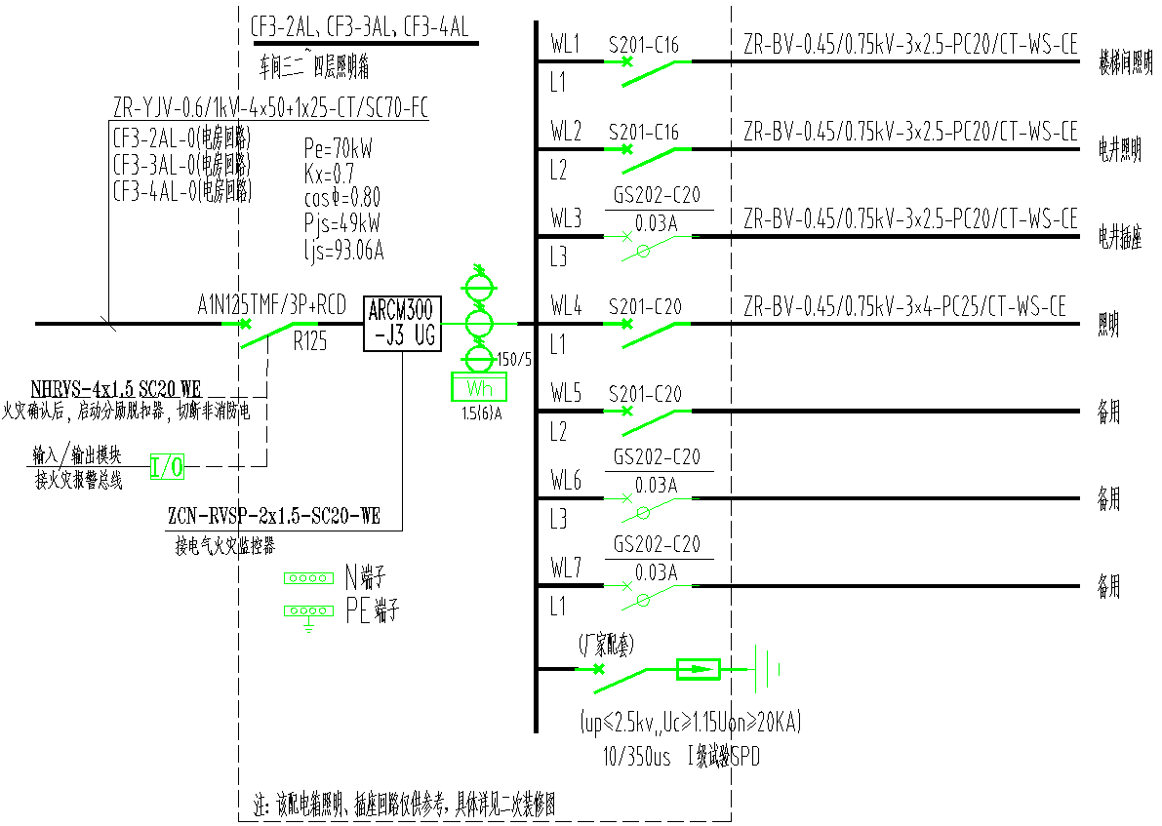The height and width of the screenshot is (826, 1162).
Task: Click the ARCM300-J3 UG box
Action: [402, 324]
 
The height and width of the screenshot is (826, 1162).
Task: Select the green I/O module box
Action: [167, 468]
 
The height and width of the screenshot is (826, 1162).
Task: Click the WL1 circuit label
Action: [565, 45]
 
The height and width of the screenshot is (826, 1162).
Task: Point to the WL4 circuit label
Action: [565, 307]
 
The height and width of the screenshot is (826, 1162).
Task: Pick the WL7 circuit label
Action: [565, 569]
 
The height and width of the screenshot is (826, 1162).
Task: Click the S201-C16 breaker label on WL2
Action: [643, 132]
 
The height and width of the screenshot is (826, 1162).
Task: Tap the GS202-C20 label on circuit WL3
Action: [657, 195]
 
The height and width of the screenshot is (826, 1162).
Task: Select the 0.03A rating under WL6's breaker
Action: [657, 484]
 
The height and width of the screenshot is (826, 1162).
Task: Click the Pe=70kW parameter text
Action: [338, 149]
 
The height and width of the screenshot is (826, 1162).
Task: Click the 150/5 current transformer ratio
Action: [514, 359]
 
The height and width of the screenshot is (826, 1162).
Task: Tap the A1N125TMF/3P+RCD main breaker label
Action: [271, 306]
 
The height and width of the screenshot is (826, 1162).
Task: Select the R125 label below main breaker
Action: [309, 343]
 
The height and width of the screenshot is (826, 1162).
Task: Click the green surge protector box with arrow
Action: [698, 669]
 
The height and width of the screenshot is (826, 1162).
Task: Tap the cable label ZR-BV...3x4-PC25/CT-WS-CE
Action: [904, 307]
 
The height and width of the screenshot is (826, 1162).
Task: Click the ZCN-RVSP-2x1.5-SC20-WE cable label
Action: [274, 518]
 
